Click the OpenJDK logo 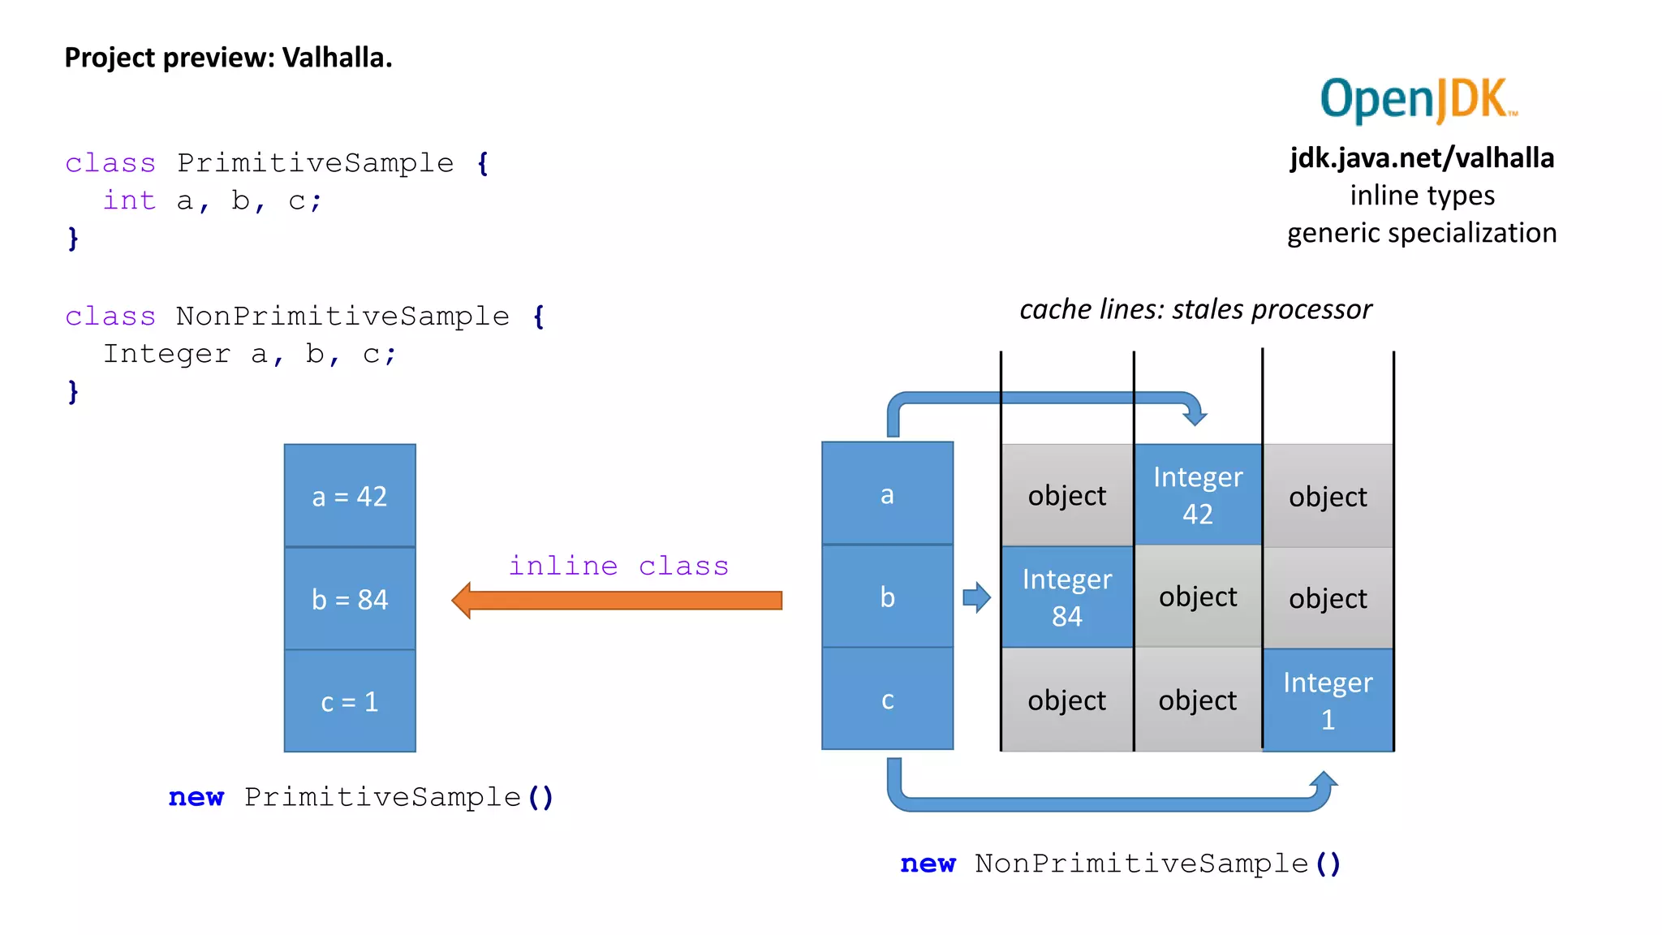tap(1418, 99)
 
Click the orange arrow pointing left tap(617, 601)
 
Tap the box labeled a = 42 tap(350, 495)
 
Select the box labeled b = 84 tap(350, 599)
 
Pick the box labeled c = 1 tap(350, 701)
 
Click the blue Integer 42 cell tap(1198, 495)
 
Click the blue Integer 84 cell tap(1066, 597)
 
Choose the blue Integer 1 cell tap(1328, 700)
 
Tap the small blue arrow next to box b tap(976, 598)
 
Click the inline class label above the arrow tap(618, 566)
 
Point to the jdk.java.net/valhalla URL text tap(1422, 157)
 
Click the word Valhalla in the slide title tap(336, 58)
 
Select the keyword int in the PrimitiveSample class tap(129, 200)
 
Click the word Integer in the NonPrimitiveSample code tap(166, 354)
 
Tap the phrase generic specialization tap(1422, 233)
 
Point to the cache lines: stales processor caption tap(1195, 309)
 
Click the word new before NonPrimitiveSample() tap(928, 864)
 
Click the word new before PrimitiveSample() tap(196, 797)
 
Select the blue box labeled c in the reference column tap(887, 700)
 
